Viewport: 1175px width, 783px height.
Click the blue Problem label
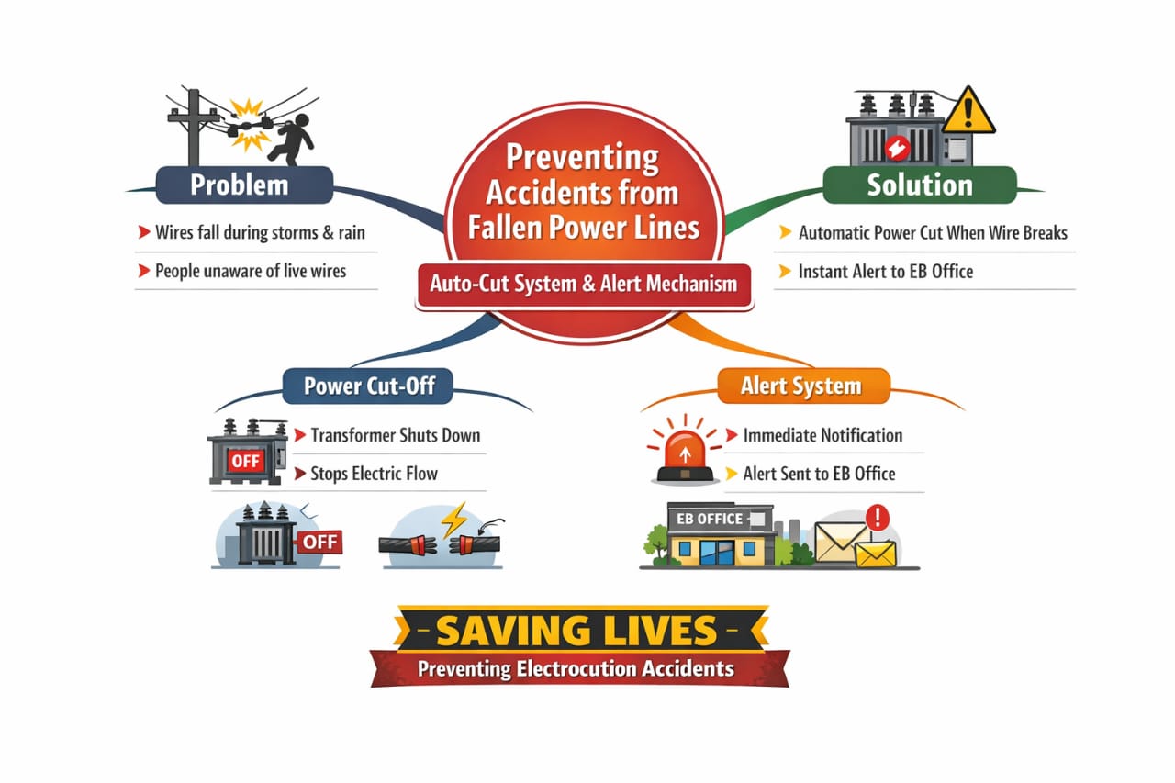coord(239,185)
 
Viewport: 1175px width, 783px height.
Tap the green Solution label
coord(919,185)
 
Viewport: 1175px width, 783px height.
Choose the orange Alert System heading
coord(801,386)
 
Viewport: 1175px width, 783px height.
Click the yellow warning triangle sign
coord(968,112)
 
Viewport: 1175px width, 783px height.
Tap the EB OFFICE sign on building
coord(709,519)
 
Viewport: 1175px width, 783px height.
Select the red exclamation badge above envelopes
coord(878,517)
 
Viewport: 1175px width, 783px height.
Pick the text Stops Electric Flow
coord(374,474)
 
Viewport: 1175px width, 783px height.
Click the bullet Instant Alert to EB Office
coord(885,271)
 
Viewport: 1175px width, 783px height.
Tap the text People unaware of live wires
coord(250,271)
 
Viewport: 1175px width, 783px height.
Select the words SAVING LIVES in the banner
coord(576,630)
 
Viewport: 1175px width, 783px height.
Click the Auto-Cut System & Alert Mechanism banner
coord(584,283)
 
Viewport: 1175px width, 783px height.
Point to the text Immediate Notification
coord(822,435)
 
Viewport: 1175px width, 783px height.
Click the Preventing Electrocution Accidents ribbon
coord(576,668)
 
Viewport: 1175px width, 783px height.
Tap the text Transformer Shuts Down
coord(395,435)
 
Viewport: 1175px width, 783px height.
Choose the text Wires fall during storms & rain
coord(259,232)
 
